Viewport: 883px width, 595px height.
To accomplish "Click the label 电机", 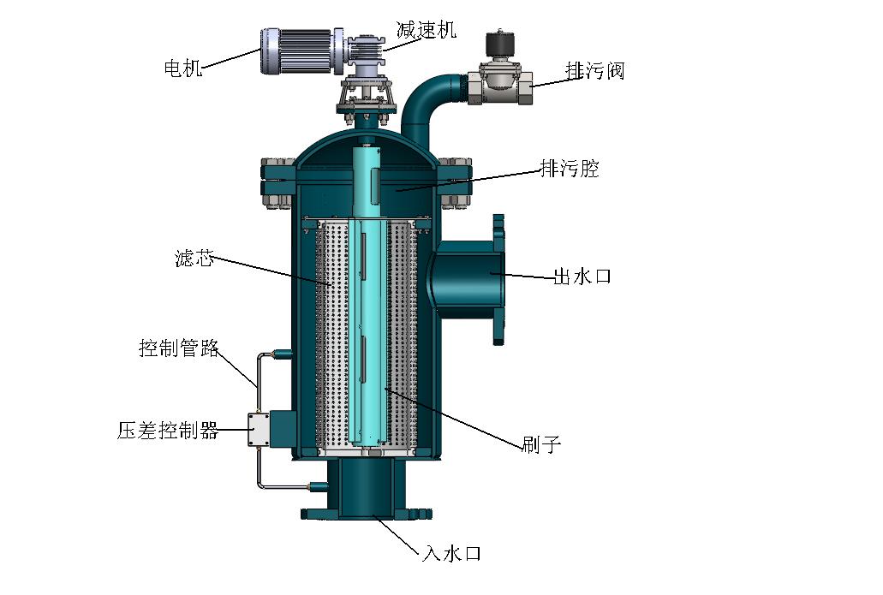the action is click(183, 68).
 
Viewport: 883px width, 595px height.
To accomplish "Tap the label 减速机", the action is click(426, 29).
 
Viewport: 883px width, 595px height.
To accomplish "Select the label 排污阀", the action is click(594, 71).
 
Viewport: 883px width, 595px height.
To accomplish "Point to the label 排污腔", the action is click(570, 169).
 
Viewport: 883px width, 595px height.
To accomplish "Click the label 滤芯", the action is click(194, 259).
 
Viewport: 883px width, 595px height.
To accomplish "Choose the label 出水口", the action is click(582, 277).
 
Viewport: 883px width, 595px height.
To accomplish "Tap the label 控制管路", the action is click(179, 348).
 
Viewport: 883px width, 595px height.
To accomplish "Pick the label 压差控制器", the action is click(168, 431).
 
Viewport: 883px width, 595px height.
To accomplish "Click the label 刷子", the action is click(541, 444).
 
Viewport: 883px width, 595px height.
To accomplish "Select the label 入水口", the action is click(451, 553).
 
